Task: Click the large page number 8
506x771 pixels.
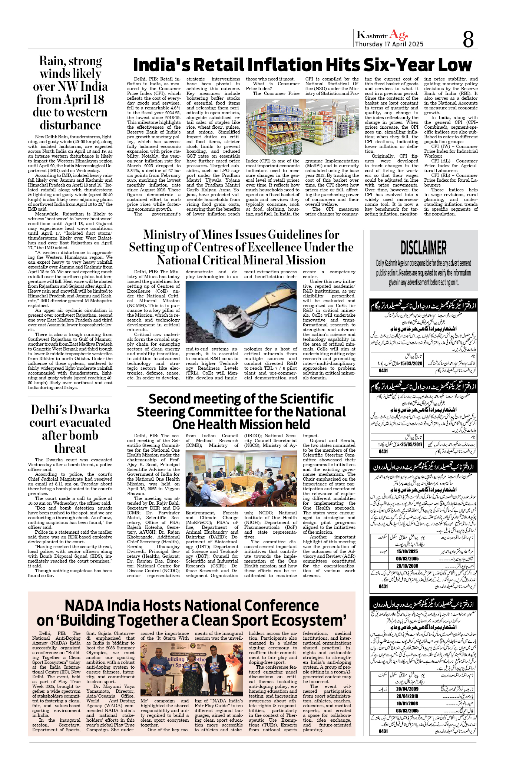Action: click(468, 39)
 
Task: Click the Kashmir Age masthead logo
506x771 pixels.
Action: click(382, 35)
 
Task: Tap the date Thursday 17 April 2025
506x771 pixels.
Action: click(389, 44)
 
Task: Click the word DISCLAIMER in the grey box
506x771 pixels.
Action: click(423, 248)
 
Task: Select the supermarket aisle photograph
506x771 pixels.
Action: click(302, 126)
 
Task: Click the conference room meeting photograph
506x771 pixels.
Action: click(241, 478)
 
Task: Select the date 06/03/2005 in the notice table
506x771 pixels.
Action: click(407, 559)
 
